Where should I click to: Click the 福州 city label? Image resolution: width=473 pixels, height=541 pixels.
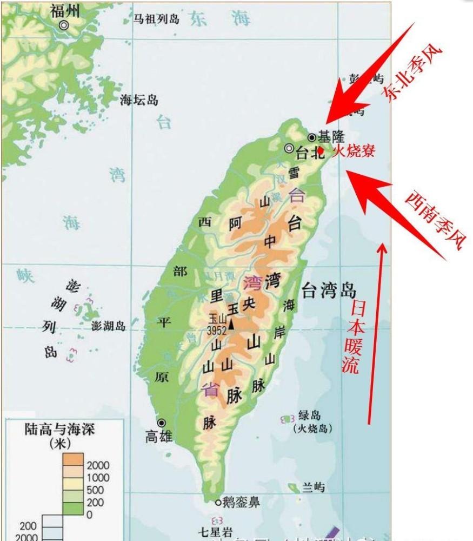pyautogui.click(x=64, y=10)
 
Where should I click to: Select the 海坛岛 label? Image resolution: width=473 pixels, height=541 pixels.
pyautogui.click(x=139, y=100)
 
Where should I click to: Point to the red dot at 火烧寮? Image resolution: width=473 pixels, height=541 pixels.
pyautogui.click(x=321, y=150)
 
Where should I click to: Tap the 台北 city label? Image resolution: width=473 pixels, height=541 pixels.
pyautogui.click(x=310, y=153)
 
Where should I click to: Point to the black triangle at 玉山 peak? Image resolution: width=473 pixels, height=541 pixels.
pyautogui.click(x=231, y=324)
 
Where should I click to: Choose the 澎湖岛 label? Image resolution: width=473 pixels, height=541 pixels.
pyautogui.click(x=108, y=326)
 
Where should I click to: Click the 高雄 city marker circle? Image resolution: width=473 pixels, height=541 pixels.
pyautogui.click(x=162, y=423)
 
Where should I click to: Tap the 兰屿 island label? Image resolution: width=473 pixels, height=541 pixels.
pyautogui.click(x=313, y=487)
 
